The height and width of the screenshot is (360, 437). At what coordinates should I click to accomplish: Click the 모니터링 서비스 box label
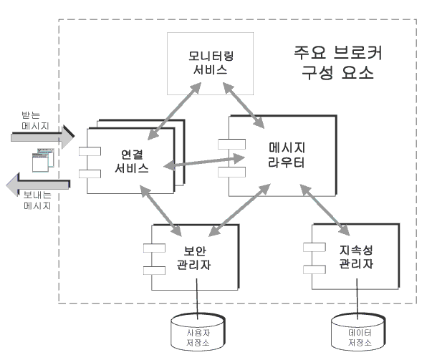(211, 63)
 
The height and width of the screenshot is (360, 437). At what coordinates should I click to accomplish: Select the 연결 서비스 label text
(132, 161)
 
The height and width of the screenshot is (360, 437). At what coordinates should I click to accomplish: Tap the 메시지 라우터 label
(287, 155)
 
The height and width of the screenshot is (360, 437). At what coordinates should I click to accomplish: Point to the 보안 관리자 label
(194, 258)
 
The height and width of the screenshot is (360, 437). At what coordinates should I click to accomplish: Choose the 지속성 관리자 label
(356, 257)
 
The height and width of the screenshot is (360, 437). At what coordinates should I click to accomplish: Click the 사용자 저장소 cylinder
(198, 331)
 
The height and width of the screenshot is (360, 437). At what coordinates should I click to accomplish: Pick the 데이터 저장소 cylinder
(358, 331)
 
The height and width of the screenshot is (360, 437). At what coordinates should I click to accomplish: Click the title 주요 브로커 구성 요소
(338, 63)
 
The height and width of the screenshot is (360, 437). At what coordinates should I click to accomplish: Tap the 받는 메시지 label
(35, 120)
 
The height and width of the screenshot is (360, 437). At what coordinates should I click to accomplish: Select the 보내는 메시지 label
(37, 200)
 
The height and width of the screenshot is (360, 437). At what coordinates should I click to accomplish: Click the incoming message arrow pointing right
(43, 137)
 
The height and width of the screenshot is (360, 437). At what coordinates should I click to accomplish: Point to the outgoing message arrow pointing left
(38, 185)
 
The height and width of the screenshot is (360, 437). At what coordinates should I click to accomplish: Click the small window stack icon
(43, 160)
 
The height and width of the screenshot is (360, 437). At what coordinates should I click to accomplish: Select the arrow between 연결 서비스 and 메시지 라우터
(204, 162)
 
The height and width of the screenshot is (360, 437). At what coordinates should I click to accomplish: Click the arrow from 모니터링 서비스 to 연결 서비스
(174, 111)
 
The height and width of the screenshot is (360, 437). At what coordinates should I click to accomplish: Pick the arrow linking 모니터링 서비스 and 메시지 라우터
(244, 105)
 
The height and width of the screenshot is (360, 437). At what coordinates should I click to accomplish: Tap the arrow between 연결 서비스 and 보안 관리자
(160, 210)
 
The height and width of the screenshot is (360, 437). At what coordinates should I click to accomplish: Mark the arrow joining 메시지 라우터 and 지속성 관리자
(325, 210)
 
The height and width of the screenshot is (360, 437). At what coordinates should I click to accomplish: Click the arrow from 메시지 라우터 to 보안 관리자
(239, 210)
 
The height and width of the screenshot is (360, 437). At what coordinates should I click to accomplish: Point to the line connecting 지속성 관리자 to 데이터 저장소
(357, 298)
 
